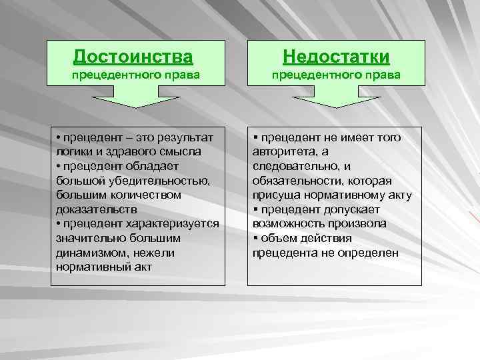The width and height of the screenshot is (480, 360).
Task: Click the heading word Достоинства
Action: click(x=136, y=56)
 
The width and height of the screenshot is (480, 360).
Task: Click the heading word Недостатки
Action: click(x=336, y=56)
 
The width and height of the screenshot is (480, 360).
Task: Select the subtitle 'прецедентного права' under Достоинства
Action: click(x=136, y=75)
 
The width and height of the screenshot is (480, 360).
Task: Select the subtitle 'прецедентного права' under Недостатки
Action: click(x=336, y=75)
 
